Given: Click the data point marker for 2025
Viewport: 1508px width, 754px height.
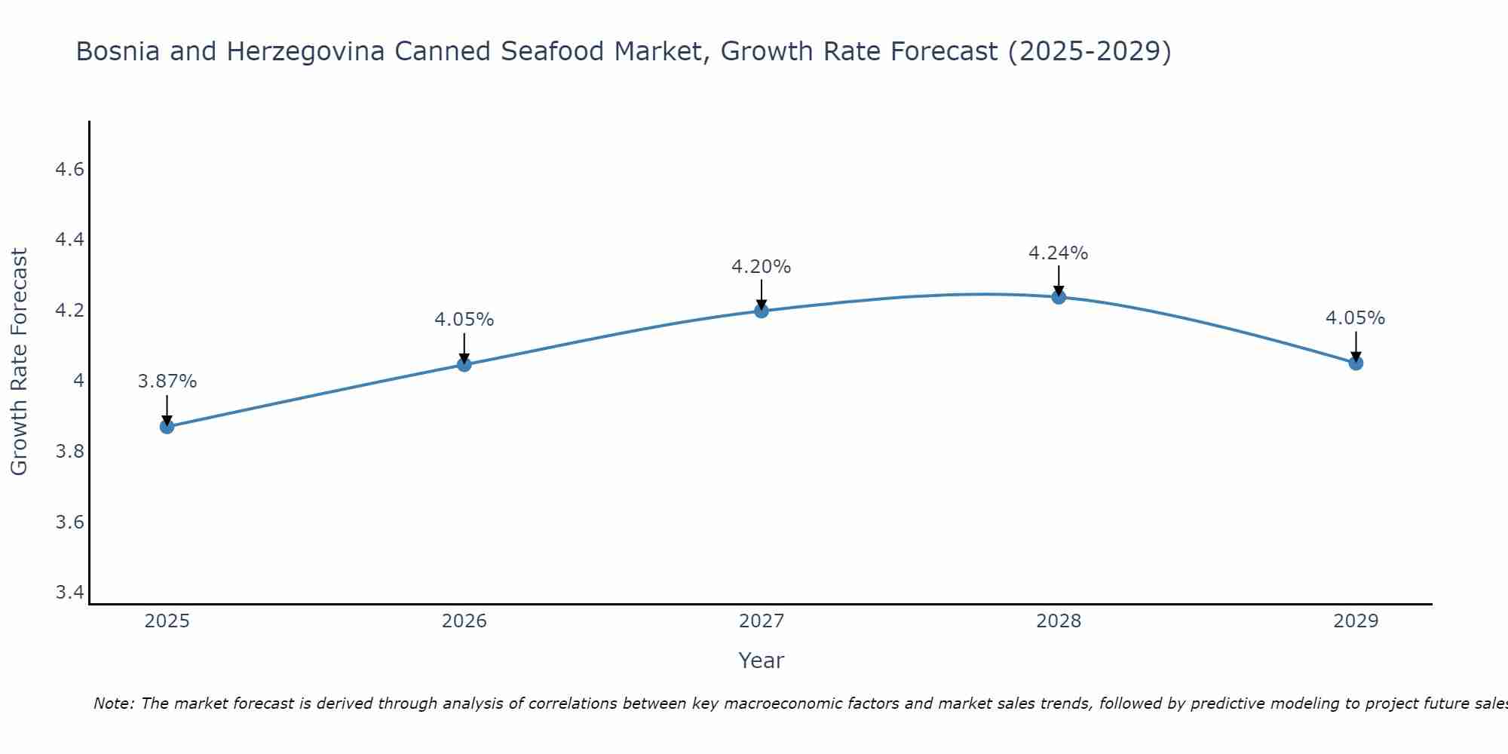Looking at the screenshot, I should (x=167, y=427).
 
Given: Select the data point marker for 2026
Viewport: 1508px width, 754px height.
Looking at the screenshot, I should (x=464, y=364).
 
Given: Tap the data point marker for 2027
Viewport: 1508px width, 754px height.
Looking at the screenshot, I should (x=762, y=311).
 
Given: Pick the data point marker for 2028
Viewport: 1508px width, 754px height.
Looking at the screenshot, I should (x=1059, y=296).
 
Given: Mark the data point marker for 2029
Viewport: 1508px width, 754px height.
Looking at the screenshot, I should (x=1356, y=363).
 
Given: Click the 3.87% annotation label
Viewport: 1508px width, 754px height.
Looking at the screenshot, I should (x=167, y=382).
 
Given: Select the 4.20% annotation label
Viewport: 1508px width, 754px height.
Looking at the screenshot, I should (x=762, y=267).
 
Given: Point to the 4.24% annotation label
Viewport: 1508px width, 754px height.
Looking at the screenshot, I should (x=1059, y=253).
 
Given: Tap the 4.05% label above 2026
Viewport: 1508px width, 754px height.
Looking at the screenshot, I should (x=464, y=320).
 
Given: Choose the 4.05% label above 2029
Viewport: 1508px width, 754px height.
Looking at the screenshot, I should (x=1356, y=318).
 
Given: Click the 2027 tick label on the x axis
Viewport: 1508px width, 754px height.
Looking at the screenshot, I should (x=762, y=621).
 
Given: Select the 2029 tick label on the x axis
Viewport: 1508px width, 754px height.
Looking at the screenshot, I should (x=1356, y=621).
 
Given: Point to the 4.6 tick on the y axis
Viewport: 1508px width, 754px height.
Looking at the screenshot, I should (x=69, y=170).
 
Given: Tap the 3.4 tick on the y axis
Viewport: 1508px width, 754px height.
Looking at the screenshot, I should (x=69, y=593).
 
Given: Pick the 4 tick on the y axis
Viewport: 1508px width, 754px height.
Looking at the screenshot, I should (x=78, y=381).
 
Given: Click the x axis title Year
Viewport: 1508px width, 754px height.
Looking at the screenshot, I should (x=762, y=661).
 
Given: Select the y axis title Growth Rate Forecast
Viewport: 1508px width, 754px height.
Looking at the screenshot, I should (x=20, y=362).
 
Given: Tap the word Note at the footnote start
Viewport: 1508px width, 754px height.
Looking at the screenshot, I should (x=113, y=703).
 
